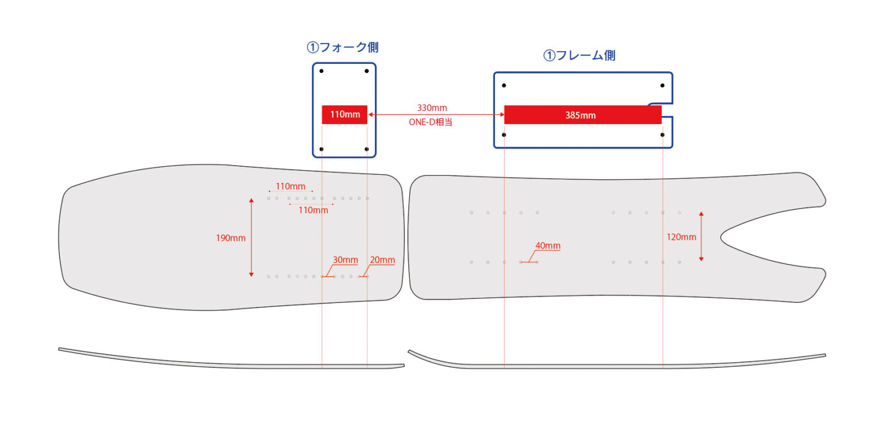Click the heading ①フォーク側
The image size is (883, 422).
click(x=343, y=48)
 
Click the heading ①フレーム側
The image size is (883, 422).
click(x=579, y=56)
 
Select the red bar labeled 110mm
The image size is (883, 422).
click(x=344, y=114)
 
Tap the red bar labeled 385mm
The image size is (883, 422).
click(x=582, y=115)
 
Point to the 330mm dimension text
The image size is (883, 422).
click(x=432, y=108)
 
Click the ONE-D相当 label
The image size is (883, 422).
click(x=431, y=122)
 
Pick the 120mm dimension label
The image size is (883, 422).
click(x=681, y=237)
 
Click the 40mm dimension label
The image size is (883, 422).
click(x=548, y=246)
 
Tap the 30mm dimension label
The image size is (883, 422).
click(x=345, y=260)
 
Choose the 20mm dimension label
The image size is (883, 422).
click(x=382, y=260)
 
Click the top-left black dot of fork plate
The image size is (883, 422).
click(x=321, y=71)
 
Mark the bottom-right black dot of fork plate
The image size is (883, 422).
click(x=367, y=149)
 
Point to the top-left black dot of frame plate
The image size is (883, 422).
click(x=504, y=86)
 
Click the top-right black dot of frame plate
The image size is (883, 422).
click(x=662, y=86)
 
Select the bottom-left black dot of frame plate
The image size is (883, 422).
click(x=504, y=135)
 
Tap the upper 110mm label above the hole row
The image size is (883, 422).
click(x=290, y=186)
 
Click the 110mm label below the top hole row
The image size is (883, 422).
click(x=313, y=210)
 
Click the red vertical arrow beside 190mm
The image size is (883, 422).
click(x=251, y=237)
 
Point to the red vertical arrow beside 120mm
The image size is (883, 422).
click(x=701, y=237)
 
